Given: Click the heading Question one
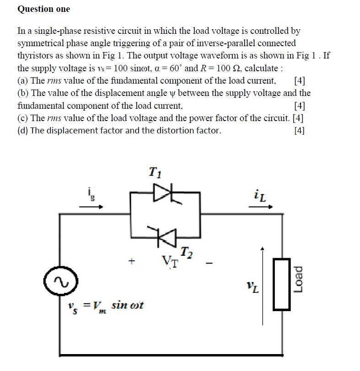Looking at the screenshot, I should pos(44,9).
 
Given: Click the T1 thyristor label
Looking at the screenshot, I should pos(155,172).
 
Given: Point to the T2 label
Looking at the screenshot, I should pos(186,252).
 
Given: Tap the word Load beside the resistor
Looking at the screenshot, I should pos(298,279).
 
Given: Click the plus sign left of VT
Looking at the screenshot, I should pos(132,262).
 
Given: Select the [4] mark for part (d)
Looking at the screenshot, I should pos(300,131).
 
